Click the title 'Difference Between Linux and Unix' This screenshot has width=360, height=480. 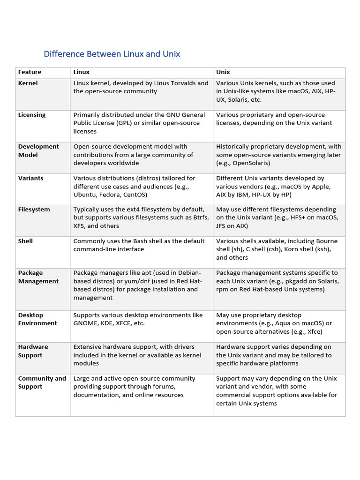pos(112,54)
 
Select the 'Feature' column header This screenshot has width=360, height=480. pos(30,72)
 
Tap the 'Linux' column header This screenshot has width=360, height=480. pos(81,72)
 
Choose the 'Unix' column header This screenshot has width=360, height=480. pos(223,72)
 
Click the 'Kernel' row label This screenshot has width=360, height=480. pos(28,83)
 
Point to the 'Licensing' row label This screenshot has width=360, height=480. pos(32,115)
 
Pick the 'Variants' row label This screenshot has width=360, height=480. pos(30,178)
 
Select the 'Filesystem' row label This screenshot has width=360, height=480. pos(34,210)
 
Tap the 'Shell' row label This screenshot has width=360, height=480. pos(25,241)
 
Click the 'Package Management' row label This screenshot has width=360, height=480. pos(38,277)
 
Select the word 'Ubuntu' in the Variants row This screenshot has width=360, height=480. pos(84,195)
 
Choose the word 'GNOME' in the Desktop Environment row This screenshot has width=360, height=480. pos(84,323)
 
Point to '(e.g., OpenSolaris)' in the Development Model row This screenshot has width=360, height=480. pos(243,163)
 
